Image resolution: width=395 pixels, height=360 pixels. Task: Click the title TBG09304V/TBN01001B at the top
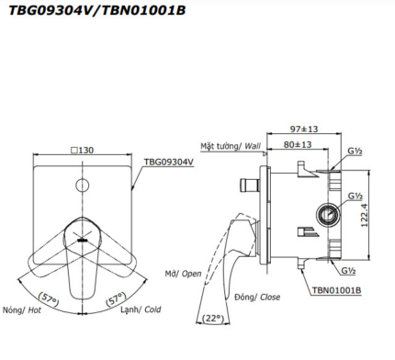click(x=97, y=10)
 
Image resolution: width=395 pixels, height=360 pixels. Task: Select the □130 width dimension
click(x=83, y=151)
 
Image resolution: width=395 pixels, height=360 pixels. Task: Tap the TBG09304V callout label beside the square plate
click(x=169, y=162)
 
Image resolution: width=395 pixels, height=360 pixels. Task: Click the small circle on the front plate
click(x=82, y=186)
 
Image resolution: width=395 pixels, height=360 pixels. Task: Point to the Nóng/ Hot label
click(x=22, y=310)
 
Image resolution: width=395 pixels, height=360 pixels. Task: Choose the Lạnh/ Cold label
click(x=141, y=309)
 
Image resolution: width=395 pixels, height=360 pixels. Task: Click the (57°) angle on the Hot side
click(x=49, y=299)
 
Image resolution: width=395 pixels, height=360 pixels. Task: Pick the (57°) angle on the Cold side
click(x=116, y=298)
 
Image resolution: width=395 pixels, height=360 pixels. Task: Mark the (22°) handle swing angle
click(x=213, y=319)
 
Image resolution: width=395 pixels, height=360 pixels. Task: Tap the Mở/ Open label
click(x=183, y=274)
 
